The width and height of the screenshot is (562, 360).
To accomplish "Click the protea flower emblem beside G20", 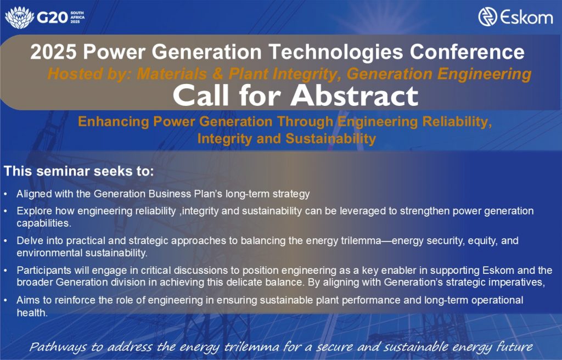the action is [19, 17].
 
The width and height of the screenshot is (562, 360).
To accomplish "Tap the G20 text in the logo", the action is [52, 18].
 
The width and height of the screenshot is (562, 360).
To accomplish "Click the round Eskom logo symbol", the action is [487, 16].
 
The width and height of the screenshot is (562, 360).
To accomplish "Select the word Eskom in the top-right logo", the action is [526, 17].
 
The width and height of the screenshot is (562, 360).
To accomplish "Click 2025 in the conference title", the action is [53, 52].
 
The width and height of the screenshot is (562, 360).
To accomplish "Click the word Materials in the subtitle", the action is [172, 74].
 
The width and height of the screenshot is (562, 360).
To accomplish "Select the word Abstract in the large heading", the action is [355, 95].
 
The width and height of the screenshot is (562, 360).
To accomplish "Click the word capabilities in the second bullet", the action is [44, 223].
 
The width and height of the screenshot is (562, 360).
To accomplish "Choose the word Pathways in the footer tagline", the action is [58, 347].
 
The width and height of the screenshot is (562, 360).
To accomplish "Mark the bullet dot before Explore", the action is [5, 211].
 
